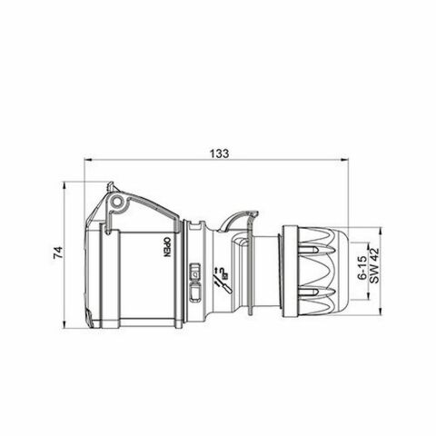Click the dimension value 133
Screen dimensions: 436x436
(218, 152)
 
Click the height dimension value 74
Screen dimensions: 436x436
(55, 258)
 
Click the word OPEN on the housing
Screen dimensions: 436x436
(166, 249)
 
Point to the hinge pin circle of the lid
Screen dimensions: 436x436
(117, 200)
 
